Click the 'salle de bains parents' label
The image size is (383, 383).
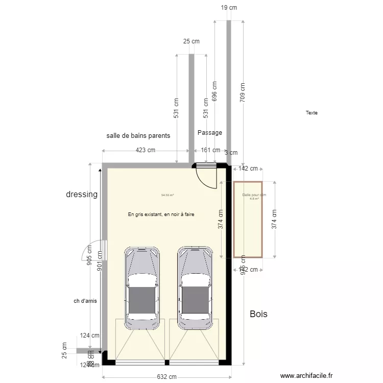pyautogui.click(x=138, y=136)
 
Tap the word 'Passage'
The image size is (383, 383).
pyautogui.click(x=210, y=133)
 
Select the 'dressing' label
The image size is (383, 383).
pyautogui.click(x=82, y=195)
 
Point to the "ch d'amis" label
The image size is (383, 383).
pyautogui.click(x=85, y=301)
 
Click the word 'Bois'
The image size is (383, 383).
pyautogui.click(x=258, y=314)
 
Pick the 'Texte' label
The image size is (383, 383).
pyautogui.click(x=312, y=113)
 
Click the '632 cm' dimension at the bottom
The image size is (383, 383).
pyautogui.click(x=166, y=377)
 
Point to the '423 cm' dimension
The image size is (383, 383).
pyautogui.click(x=146, y=150)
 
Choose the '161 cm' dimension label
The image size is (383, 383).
pyautogui.click(x=209, y=150)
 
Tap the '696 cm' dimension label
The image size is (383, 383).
pyautogui.click(x=214, y=91)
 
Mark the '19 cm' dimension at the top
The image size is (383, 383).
pyautogui.click(x=229, y=8)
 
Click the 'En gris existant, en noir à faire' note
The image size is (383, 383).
pyautogui.click(x=161, y=214)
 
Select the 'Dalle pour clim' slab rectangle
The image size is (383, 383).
pyautogui.click(x=248, y=220)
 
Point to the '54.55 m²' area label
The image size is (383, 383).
pyautogui.click(x=167, y=195)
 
